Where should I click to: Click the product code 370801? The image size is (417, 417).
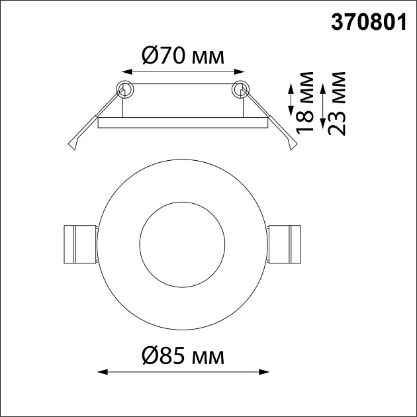368,22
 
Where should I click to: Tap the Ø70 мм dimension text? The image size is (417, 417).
183,56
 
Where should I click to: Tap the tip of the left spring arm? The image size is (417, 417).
73,147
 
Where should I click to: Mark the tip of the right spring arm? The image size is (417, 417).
292,147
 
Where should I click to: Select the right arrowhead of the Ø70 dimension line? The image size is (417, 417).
242,69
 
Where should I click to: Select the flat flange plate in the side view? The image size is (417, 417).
183,122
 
